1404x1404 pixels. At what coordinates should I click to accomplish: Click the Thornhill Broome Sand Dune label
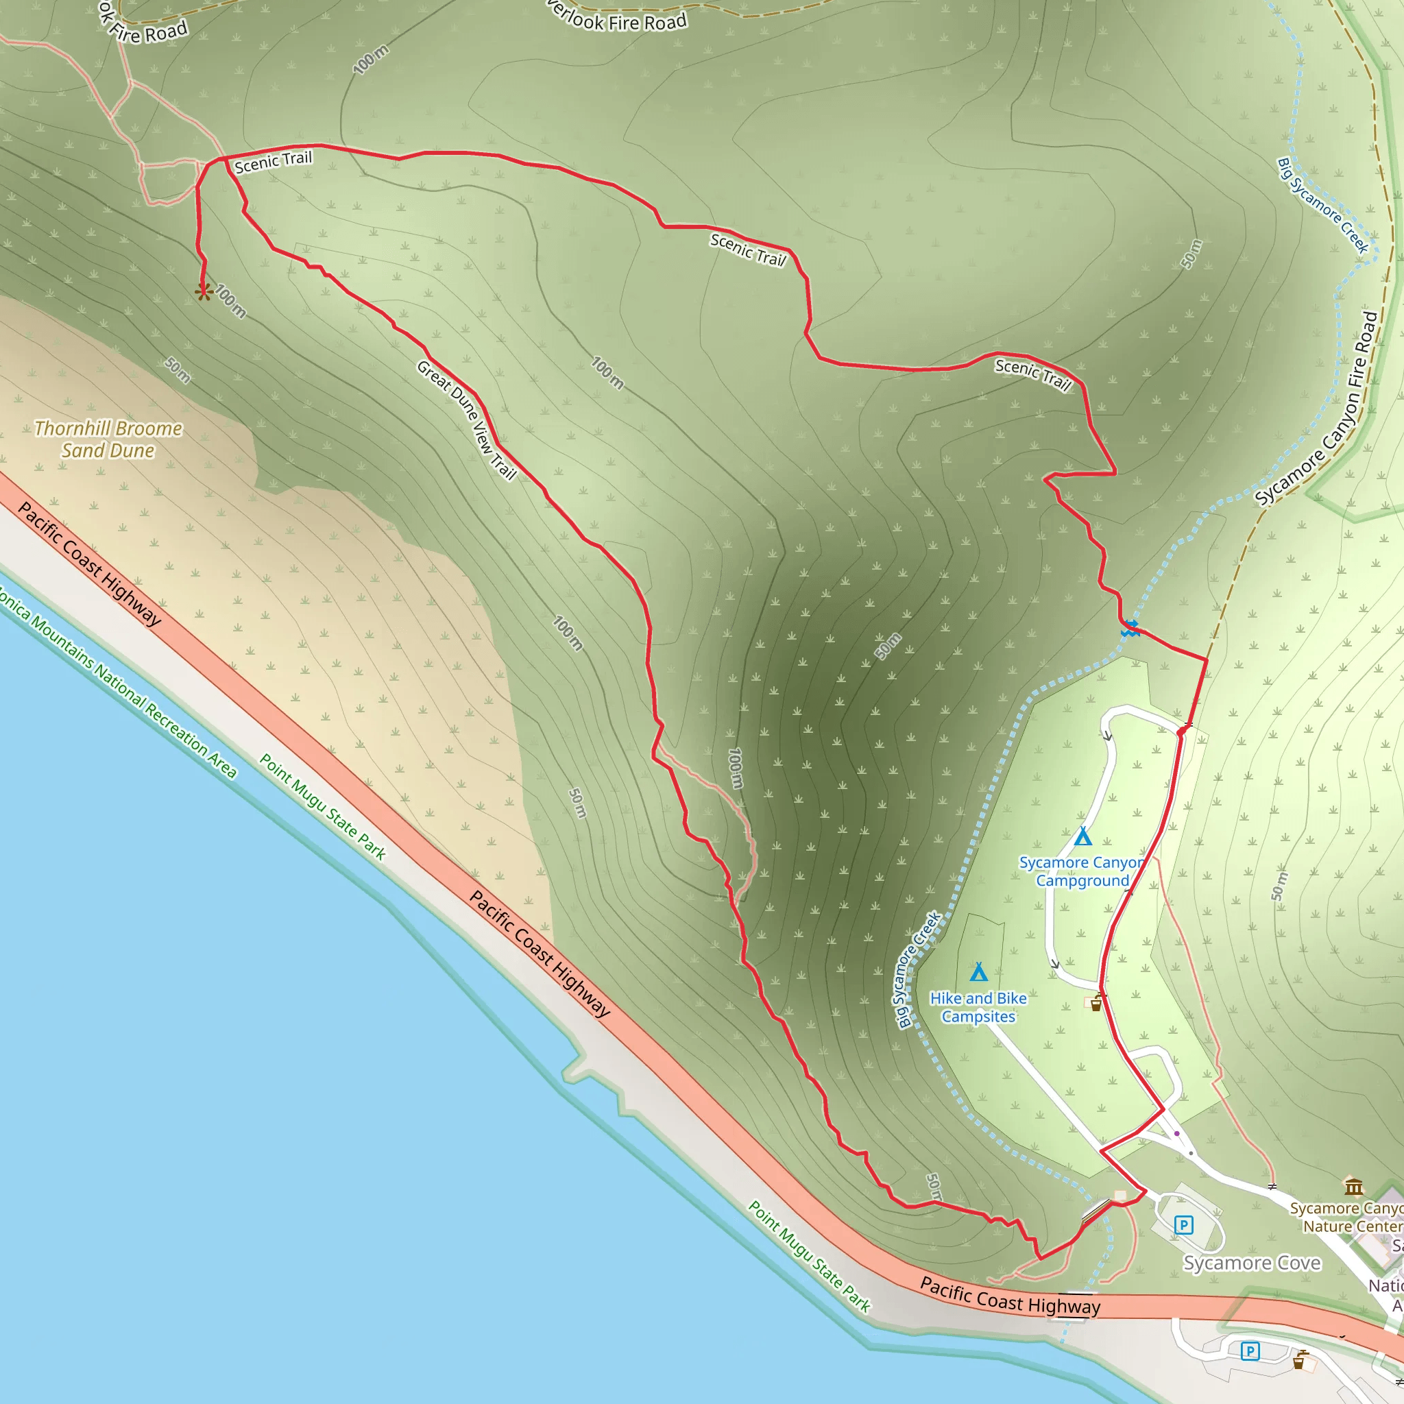tap(108, 439)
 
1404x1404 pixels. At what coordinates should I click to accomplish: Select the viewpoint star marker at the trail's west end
tap(204, 292)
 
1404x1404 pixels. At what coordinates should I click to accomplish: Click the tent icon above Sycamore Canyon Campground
tap(1082, 836)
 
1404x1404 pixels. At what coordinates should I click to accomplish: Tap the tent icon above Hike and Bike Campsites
tap(979, 972)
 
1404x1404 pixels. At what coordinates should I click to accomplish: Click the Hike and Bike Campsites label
tap(978, 1007)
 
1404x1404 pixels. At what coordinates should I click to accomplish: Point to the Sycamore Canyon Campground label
tap(1081, 871)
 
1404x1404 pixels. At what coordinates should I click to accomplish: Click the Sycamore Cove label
tap(1251, 1263)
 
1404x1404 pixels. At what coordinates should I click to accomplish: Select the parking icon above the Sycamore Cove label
tap(1184, 1225)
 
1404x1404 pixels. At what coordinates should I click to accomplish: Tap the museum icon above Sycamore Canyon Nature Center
tap(1353, 1187)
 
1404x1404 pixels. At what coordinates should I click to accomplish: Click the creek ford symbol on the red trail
tap(1129, 629)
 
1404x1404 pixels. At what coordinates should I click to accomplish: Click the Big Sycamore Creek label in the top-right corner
tap(1322, 206)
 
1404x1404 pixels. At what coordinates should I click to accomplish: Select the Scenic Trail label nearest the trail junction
tap(273, 161)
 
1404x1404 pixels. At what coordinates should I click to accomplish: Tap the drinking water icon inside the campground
tap(1096, 1005)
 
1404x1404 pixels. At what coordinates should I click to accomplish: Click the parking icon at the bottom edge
tap(1249, 1351)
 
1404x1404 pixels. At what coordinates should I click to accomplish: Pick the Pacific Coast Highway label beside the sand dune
tap(88, 564)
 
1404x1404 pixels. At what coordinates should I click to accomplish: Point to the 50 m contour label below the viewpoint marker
tap(178, 370)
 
